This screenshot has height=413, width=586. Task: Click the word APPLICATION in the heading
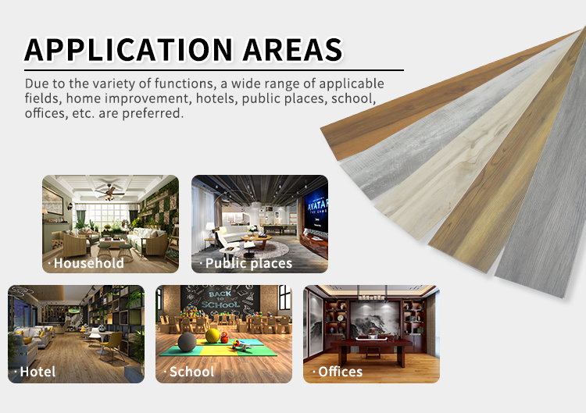(129, 50)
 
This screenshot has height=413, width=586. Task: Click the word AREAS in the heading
(293, 50)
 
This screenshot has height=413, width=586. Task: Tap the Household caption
(88, 263)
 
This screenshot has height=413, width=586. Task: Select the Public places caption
(248, 263)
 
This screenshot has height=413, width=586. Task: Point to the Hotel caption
(38, 372)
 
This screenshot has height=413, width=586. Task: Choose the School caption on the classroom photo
(191, 372)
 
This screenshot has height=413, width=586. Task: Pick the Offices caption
(340, 372)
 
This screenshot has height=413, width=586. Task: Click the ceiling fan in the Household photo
(109, 191)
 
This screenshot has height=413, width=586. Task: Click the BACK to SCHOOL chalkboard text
(220, 300)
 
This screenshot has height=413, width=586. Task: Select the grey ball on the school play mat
(187, 342)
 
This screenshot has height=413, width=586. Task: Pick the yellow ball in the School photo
(213, 336)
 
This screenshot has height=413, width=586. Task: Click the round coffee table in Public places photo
(255, 239)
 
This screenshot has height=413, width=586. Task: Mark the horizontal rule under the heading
(214, 69)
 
